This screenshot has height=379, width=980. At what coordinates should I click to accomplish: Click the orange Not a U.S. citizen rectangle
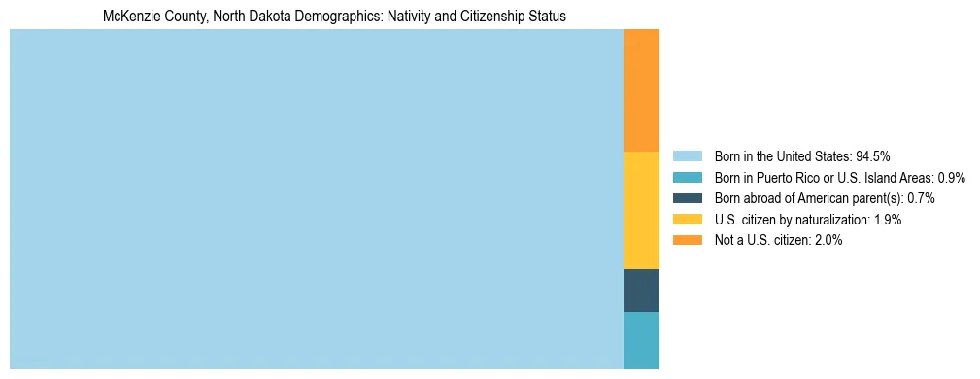[x=641, y=90]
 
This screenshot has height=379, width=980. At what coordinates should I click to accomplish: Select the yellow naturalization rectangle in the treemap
[x=641, y=210]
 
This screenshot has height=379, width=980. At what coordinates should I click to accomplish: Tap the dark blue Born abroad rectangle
[x=641, y=290]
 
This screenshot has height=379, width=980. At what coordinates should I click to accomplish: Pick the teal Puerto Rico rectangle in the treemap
[x=641, y=340]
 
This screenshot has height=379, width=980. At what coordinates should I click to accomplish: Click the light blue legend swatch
[x=688, y=156]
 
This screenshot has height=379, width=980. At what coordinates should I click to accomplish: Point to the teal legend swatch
[x=688, y=178]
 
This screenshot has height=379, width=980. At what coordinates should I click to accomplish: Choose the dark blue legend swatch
[x=688, y=198]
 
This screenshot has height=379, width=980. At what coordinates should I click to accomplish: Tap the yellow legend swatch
[x=688, y=220]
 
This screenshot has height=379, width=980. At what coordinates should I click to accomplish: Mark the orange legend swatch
[x=688, y=241]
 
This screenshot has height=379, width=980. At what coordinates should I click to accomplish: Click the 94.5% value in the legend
[x=873, y=156]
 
